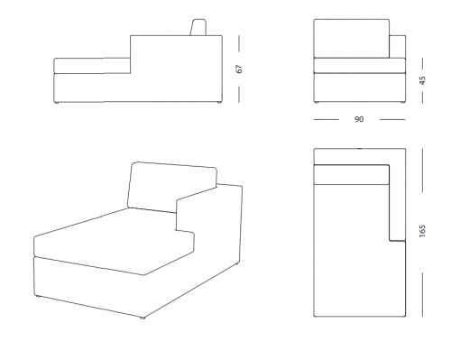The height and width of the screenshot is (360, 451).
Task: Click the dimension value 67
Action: (x=239, y=69)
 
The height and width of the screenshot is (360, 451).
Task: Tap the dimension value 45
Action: (x=422, y=80)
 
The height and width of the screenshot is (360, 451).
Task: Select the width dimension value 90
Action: (x=359, y=119)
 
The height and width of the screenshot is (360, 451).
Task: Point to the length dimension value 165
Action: (x=422, y=231)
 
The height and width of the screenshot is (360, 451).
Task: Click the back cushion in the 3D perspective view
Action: (x=171, y=188)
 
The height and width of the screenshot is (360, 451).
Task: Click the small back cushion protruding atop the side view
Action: (x=198, y=27)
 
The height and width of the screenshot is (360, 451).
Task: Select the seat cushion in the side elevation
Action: (x=92, y=66)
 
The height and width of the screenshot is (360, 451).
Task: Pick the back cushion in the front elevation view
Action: (x=352, y=39)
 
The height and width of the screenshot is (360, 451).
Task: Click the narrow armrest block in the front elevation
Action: (x=398, y=47)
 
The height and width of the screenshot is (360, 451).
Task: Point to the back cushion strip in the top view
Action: (x=352, y=174)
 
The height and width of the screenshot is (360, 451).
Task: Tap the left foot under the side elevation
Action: (x=56, y=103)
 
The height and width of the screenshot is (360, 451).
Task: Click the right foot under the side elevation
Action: (x=219, y=103)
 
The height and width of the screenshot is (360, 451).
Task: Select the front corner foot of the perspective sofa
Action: (x=142, y=318)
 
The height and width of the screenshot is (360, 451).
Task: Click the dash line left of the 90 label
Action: (x=327, y=119)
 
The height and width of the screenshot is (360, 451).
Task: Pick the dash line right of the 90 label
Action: (x=392, y=119)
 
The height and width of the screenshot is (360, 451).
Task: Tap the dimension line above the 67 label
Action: (x=239, y=43)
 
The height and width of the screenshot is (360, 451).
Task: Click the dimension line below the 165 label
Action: (x=422, y=295)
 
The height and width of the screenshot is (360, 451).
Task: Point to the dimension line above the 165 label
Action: (x=422, y=170)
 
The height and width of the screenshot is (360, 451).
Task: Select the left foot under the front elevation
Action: (x=317, y=103)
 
